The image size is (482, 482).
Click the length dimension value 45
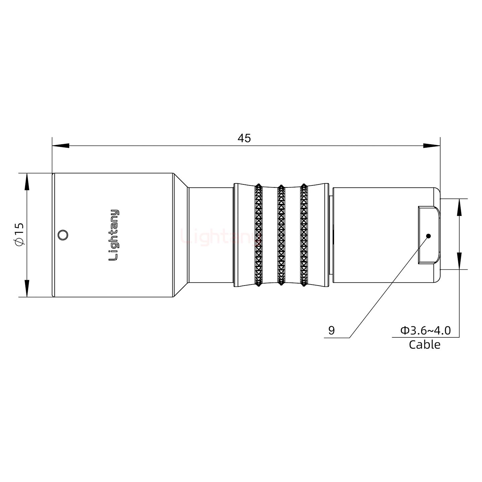pyautogui.click(x=244, y=138)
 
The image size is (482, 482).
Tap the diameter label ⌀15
pyautogui.click(x=19, y=235)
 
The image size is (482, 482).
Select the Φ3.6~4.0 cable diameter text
pyautogui.click(x=425, y=331)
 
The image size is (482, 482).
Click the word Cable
pyautogui.click(x=424, y=344)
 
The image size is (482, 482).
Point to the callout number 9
pyautogui.click(x=331, y=331)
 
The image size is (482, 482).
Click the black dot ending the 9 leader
pyautogui.click(x=428, y=236)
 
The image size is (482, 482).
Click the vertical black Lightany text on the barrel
pyautogui.click(x=114, y=235)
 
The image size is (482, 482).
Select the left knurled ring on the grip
pyautogui.click(x=258, y=235)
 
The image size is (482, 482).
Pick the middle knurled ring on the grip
pyautogui.click(x=281, y=235)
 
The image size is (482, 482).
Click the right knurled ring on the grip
pyautogui.click(x=304, y=235)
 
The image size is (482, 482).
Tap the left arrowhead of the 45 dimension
pyautogui.click(x=60, y=146)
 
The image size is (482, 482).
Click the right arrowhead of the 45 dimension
pyautogui.click(x=432, y=146)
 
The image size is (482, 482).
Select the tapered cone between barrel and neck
pyautogui.click(x=181, y=235)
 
